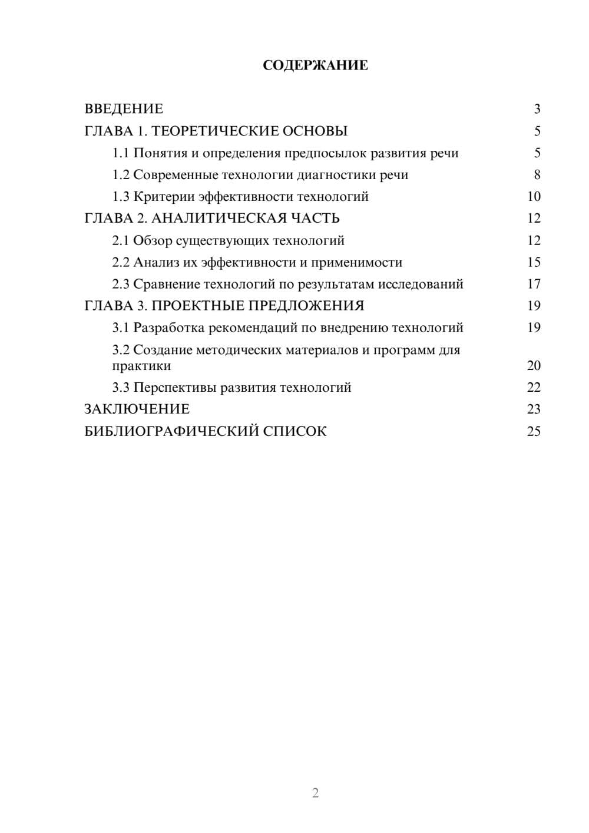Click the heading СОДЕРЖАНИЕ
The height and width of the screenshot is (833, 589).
tap(315, 65)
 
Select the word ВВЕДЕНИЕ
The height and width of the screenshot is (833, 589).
tap(124, 109)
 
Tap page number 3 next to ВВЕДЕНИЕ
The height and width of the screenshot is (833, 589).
tap(537, 109)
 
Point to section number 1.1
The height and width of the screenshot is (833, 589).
tap(121, 153)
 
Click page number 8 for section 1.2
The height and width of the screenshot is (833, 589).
tap(537, 175)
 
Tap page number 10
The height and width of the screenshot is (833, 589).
tap(534, 197)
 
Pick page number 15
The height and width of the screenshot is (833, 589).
tap(534, 262)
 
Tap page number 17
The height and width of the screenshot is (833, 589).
tap(534, 284)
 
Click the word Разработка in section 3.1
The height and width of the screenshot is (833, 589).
tap(169, 328)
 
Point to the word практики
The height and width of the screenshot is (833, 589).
tap(141, 366)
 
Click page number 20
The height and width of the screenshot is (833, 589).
tap(534, 366)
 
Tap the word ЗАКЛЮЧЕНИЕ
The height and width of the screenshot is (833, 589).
tap(137, 409)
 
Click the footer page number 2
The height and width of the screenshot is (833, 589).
tap(315, 793)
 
